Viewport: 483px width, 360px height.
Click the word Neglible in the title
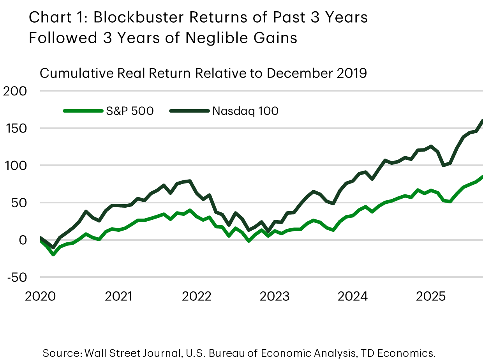pyautogui.click(x=216, y=38)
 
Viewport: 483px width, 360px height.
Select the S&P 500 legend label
pyautogui.click(x=130, y=111)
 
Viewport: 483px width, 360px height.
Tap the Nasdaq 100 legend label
pyautogui.click(x=245, y=111)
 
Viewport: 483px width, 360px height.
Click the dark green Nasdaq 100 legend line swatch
pyautogui.click(x=189, y=111)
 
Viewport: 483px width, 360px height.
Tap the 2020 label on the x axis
pyautogui.click(x=41, y=296)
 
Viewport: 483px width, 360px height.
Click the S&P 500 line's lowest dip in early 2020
pyautogui.click(x=53, y=254)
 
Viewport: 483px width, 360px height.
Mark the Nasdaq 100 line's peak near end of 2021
pyautogui.click(x=190, y=181)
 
